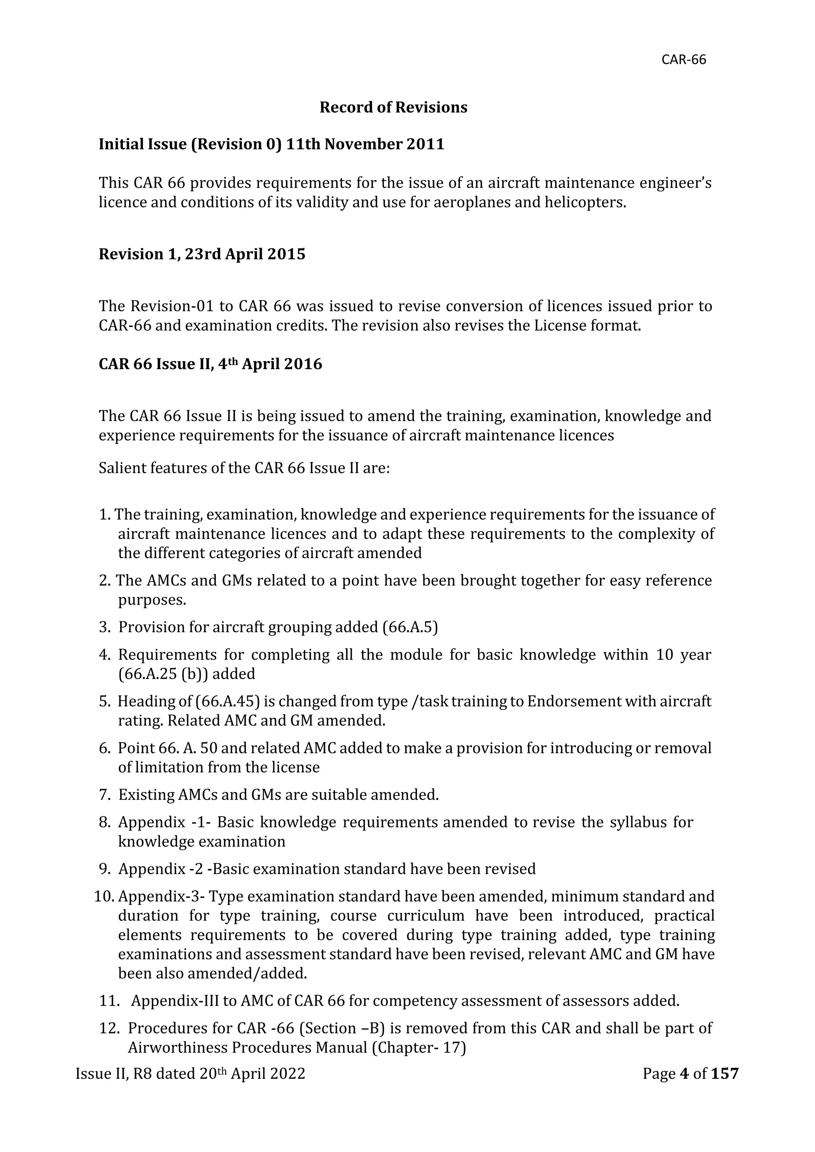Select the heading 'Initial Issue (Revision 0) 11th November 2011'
pyautogui.click(x=271, y=144)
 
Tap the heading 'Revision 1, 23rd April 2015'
pyautogui.click(x=202, y=254)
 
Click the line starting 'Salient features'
pyautogui.click(x=244, y=468)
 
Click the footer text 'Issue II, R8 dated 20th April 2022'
pyautogui.click(x=190, y=1074)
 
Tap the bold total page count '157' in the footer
pyautogui.click(x=725, y=1074)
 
